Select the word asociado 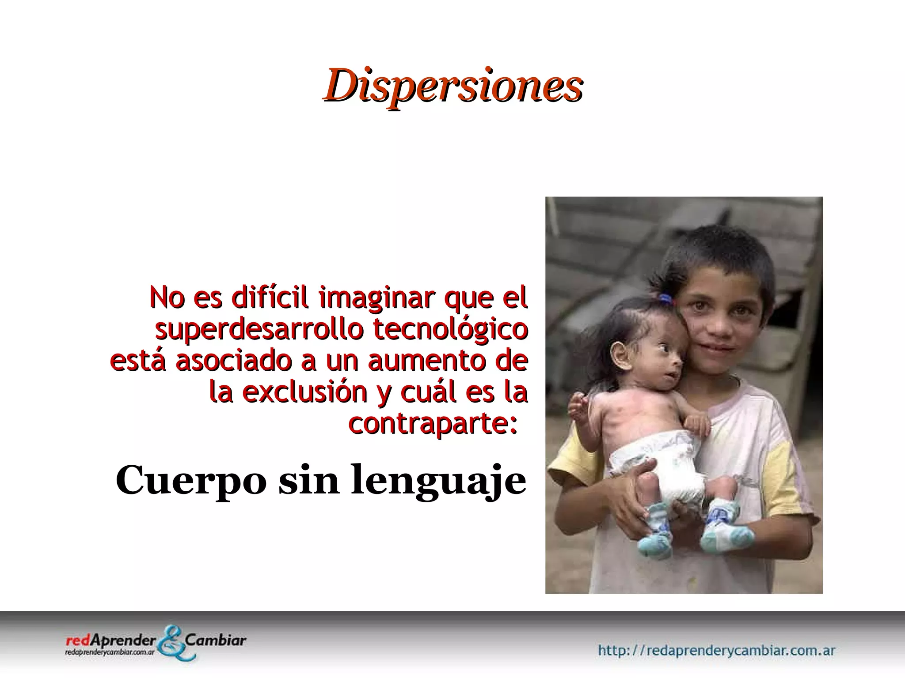coord(233,361)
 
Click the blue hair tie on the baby coord(665,299)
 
